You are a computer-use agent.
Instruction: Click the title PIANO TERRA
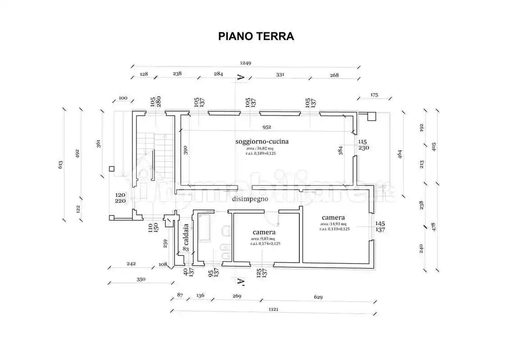tap(256, 36)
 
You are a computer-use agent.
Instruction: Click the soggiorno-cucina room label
tap(262, 141)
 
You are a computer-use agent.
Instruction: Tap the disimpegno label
tap(250, 199)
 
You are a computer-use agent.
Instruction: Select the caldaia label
tap(186, 241)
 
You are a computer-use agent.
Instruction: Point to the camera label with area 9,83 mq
tap(264, 232)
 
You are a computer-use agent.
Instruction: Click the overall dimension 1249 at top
tap(245, 63)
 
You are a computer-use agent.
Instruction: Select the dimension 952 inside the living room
tap(267, 127)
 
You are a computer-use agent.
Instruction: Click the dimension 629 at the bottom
tap(318, 296)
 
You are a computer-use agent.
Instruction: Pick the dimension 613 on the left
tap(60, 164)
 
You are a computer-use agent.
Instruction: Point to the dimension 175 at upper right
tap(374, 95)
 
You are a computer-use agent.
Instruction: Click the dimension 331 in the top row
tap(280, 75)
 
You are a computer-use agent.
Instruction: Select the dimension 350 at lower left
tap(141, 279)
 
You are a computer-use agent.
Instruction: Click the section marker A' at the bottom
tap(241, 283)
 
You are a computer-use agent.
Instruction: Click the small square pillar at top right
tap(371, 116)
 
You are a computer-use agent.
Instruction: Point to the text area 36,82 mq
tap(260, 148)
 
